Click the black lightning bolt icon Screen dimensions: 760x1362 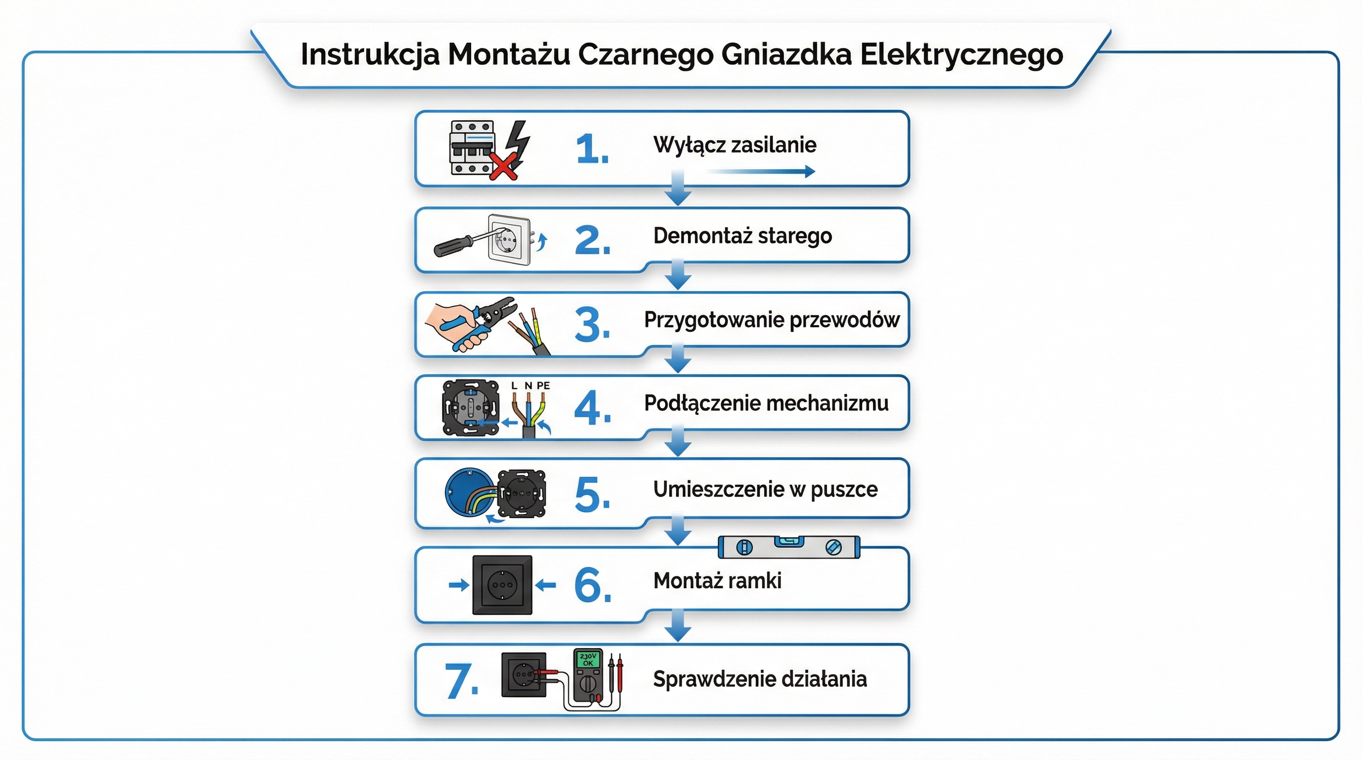pyautogui.click(x=518, y=142)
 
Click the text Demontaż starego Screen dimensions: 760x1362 pyautogui.click(x=742, y=236)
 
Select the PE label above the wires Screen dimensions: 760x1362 pyautogui.click(x=543, y=386)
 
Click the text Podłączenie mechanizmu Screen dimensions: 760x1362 pyautogui.click(x=766, y=403)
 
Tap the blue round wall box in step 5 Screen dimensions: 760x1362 pyautogui.click(x=465, y=493)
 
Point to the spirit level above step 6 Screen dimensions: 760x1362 pyautogui.click(x=789, y=547)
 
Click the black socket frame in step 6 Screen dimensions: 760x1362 pyautogui.click(x=502, y=584)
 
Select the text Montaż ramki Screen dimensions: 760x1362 pyautogui.click(x=717, y=581)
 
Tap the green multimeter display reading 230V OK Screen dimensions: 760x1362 pyautogui.click(x=587, y=660)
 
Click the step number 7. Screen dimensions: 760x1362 pyautogui.click(x=462, y=681)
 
